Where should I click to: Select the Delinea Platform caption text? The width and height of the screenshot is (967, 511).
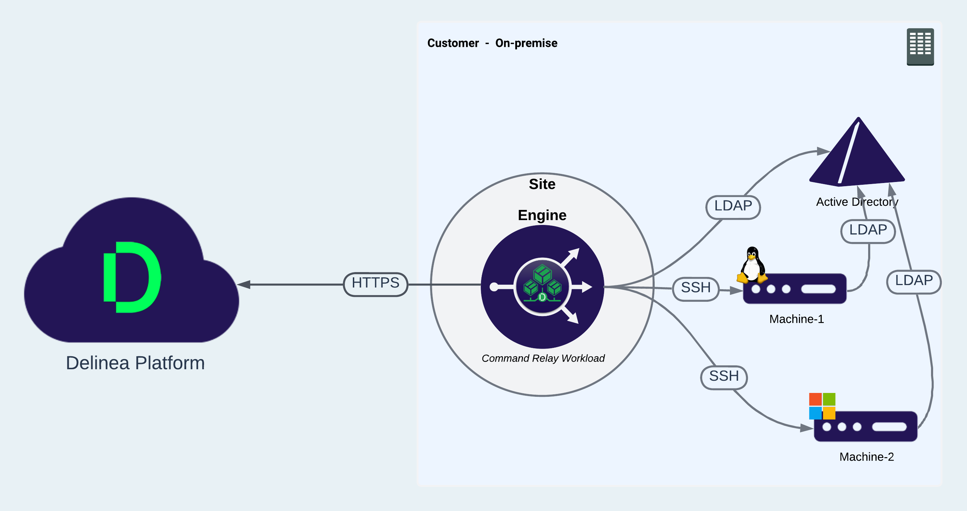[x=135, y=363]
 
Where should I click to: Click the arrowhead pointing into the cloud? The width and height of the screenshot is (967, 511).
[x=244, y=284]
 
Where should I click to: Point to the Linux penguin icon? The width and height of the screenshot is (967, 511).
[x=752, y=265]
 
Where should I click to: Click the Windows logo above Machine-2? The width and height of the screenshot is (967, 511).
[x=822, y=406]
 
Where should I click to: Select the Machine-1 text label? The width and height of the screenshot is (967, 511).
[x=796, y=319]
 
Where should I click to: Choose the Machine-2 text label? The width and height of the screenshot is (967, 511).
[x=866, y=457]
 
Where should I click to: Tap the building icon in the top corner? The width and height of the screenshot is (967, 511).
[x=920, y=46]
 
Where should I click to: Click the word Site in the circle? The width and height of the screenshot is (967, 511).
[x=542, y=184]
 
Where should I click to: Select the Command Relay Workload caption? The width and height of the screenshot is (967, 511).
[x=543, y=358]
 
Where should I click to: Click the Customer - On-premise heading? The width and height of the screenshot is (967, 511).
[x=492, y=43]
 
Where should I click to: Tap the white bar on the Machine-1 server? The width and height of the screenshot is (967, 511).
[x=818, y=289]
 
